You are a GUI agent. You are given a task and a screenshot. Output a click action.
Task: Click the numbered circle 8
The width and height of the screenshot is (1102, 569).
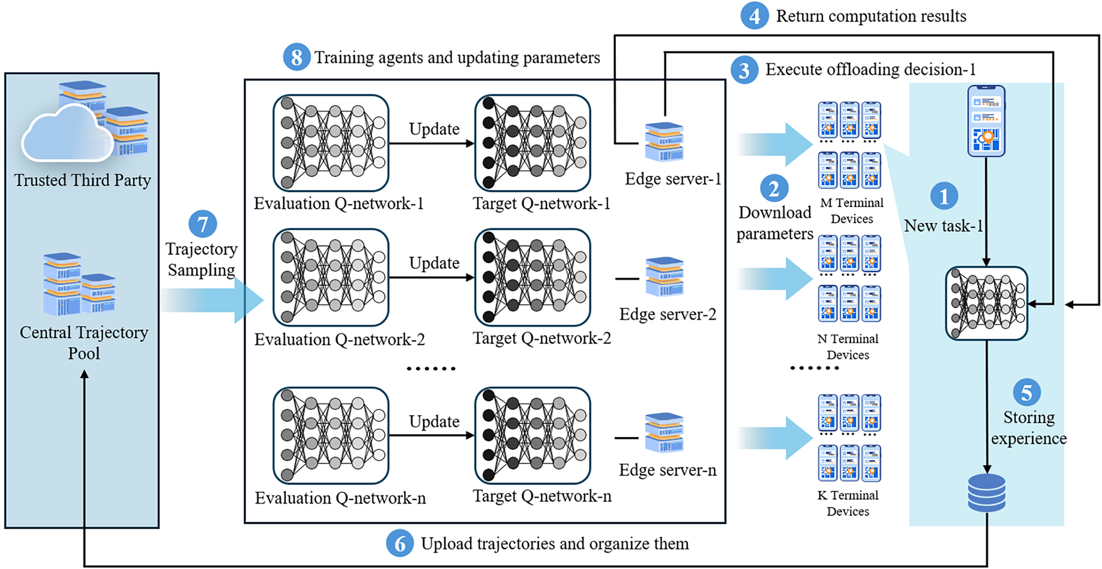point(296,57)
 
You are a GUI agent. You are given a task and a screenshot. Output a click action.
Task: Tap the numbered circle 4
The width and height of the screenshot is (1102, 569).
point(754,16)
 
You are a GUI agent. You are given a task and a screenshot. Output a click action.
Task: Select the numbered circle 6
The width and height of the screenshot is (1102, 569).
point(400,543)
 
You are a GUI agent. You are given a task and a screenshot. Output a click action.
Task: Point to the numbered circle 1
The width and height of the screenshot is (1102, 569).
point(944,196)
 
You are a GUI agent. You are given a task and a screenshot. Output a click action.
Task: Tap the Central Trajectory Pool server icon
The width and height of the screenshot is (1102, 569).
point(79,284)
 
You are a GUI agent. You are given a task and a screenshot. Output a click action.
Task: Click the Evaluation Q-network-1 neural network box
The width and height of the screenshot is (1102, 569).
point(331,143)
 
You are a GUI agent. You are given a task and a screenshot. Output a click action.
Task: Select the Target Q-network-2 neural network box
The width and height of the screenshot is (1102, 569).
point(532,278)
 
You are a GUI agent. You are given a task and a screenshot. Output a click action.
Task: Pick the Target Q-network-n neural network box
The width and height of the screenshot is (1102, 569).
point(532,436)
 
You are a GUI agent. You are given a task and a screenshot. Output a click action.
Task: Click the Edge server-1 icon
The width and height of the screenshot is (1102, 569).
point(665,142)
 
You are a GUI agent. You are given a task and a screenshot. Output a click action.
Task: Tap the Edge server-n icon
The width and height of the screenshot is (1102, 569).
point(665,433)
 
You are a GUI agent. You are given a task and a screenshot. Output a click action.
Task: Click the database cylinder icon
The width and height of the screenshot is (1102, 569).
point(987,493)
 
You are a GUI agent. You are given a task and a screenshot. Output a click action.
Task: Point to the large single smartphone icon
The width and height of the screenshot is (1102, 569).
point(986,121)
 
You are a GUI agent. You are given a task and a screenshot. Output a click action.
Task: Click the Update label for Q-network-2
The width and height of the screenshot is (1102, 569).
point(434,263)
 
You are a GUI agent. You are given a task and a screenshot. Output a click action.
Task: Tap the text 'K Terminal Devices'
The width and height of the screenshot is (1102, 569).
point(848,503)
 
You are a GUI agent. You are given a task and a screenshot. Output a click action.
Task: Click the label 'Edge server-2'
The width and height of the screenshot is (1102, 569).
point(668,314)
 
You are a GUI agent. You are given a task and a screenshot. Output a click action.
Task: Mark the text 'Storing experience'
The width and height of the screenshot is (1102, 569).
point(1029,428)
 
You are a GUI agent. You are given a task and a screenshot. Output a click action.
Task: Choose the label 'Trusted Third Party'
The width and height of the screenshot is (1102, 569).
point(82,181)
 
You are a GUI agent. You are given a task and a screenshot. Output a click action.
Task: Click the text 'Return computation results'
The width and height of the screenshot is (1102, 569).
point(871,16)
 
